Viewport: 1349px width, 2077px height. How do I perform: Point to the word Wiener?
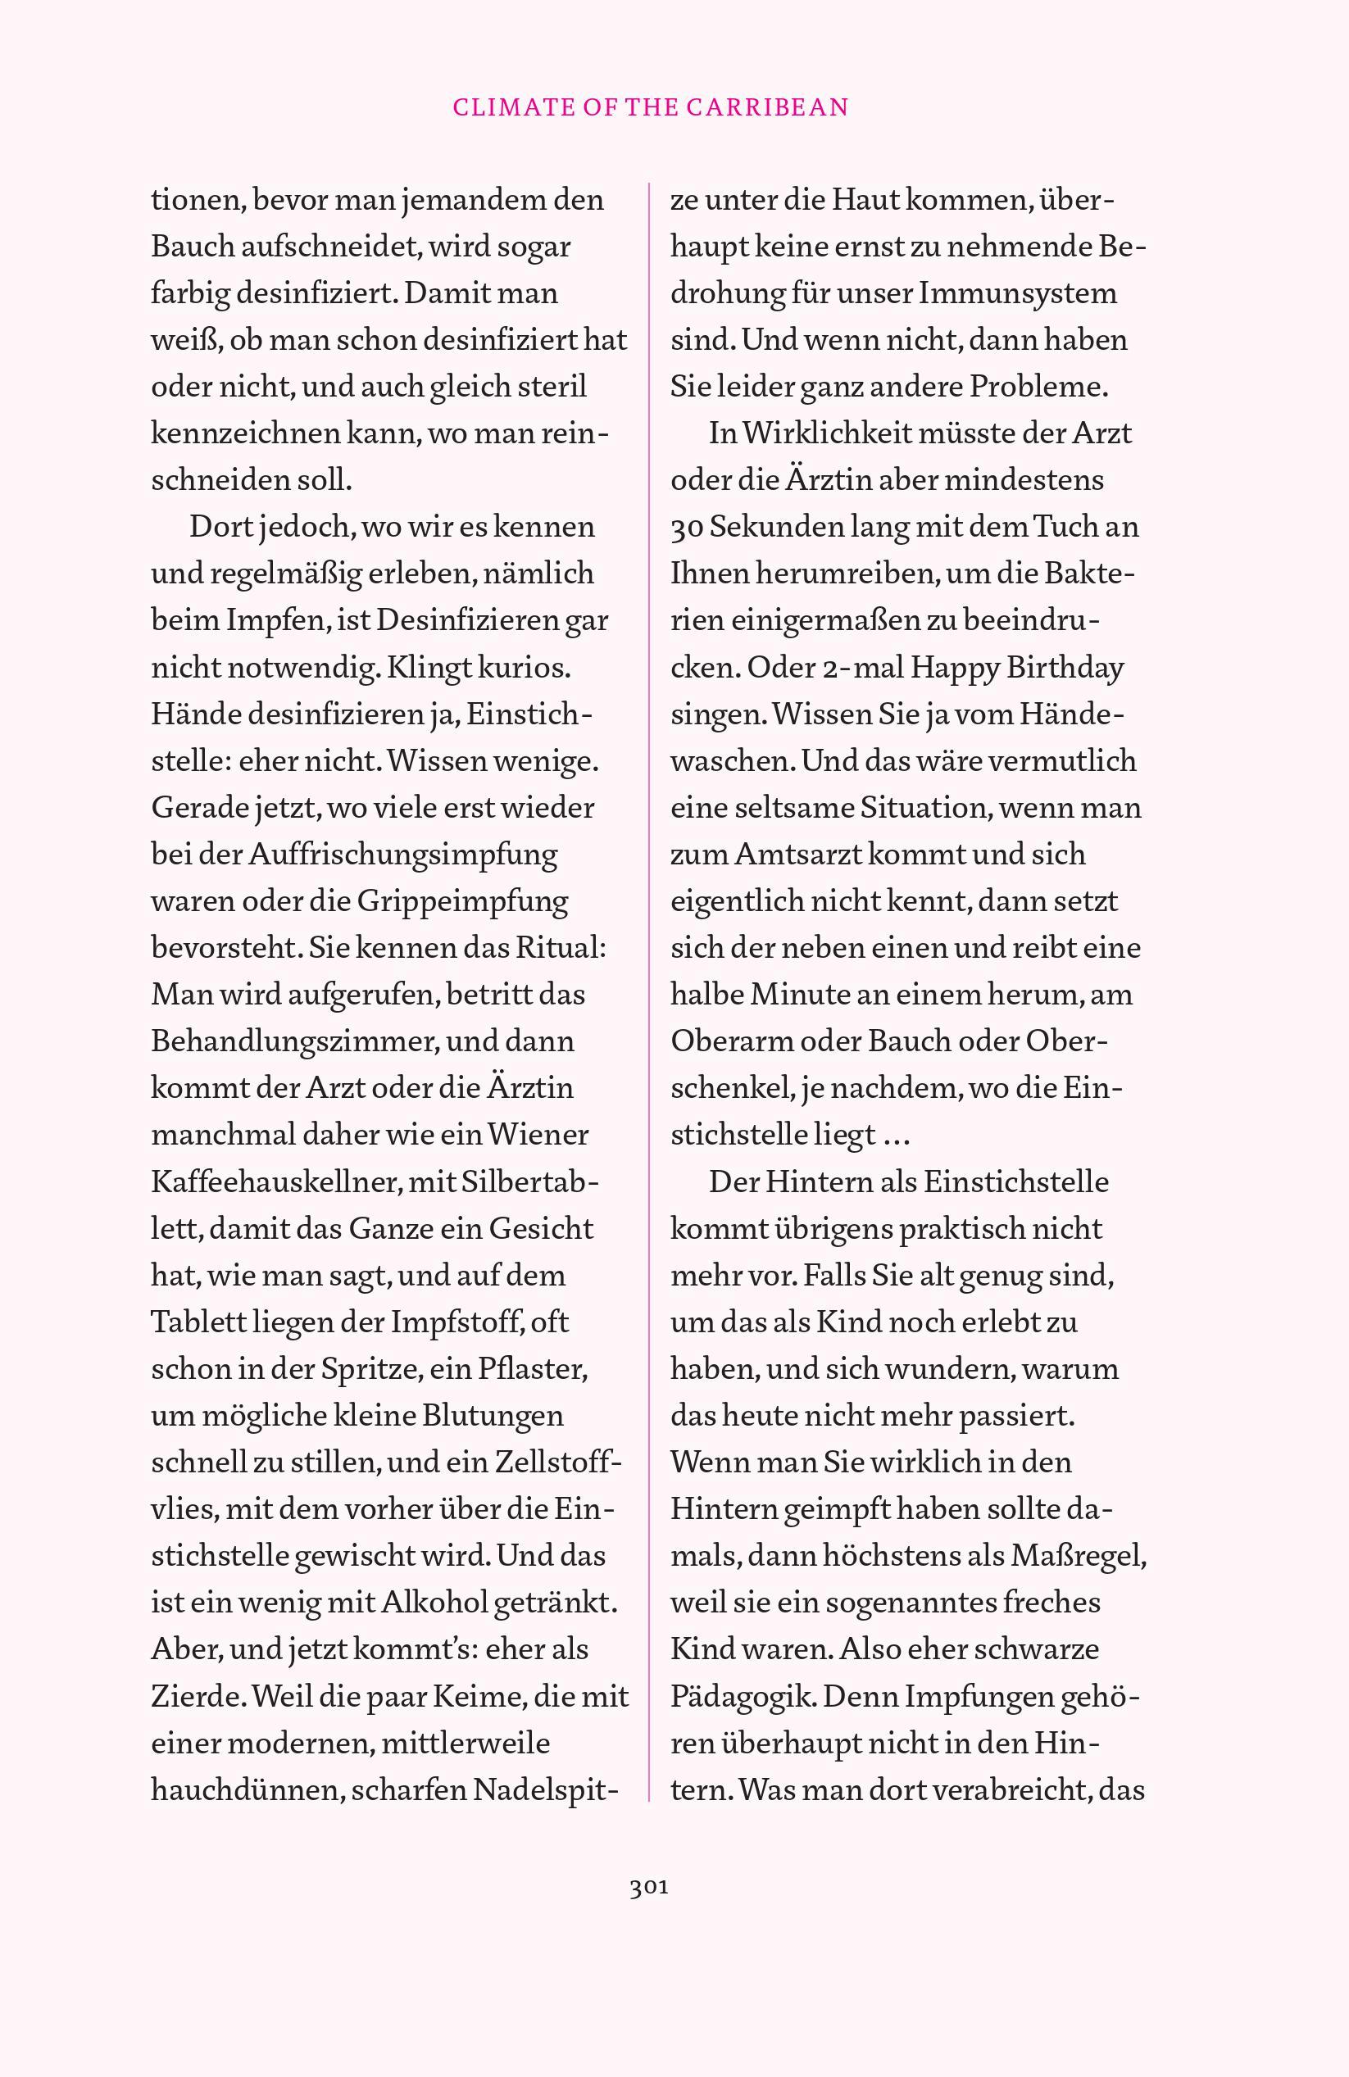pyautogui.click(x=538, y=1136)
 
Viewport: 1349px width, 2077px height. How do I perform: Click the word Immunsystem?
pyautogui.click(x=1017, y=293)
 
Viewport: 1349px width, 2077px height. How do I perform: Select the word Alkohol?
pyautogui.click(x=435, y=1603)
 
